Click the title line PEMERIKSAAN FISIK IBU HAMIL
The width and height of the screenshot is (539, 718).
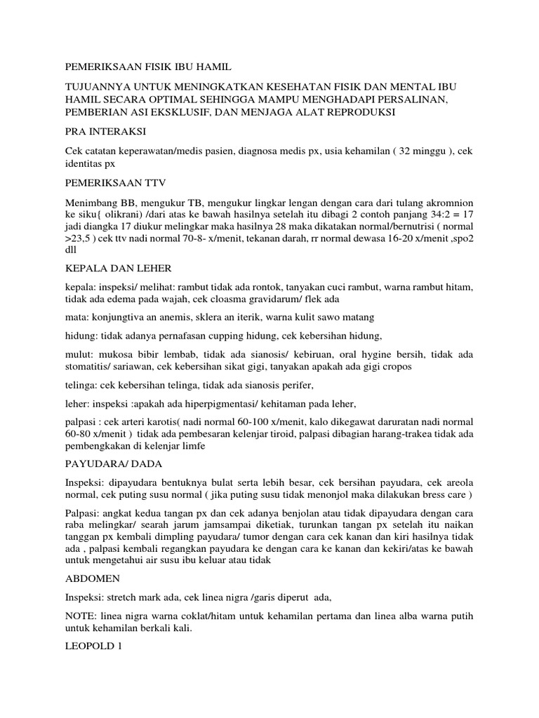pos(147,67)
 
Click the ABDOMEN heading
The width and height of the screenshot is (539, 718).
pos(92,578)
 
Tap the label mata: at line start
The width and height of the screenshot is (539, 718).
pos(76,316)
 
